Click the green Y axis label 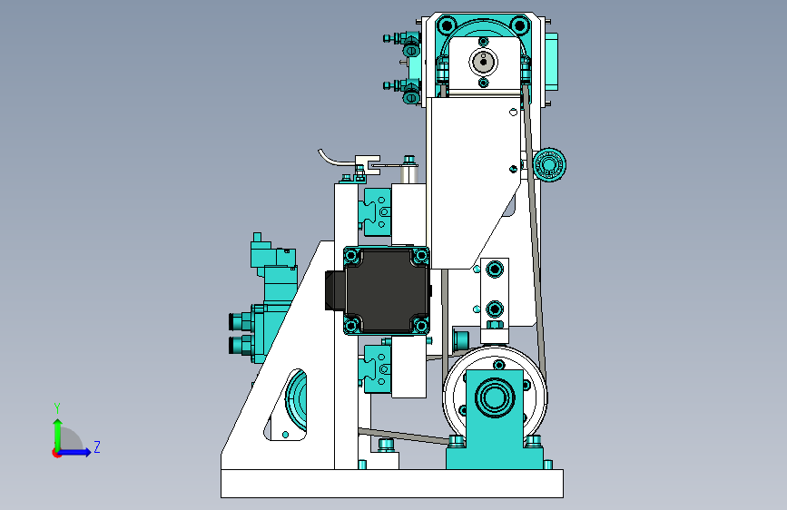[57, 407]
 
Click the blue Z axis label [97, 446]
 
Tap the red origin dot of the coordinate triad [56, 453]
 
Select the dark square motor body [387, 290]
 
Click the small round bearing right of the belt [549, 164]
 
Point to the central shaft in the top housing [483, 63]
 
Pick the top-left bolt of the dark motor [352, 256]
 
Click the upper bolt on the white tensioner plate [495, 269]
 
